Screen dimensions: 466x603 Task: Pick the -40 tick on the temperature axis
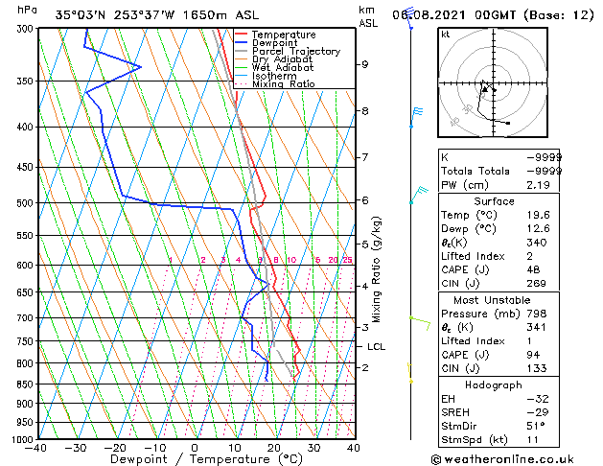coord(36,448)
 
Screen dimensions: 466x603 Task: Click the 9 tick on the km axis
coord(365,64)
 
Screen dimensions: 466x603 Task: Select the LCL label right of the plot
coord(376,347)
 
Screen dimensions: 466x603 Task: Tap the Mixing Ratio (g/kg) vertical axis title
coord(377,269)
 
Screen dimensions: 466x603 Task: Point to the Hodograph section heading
coord(494,384)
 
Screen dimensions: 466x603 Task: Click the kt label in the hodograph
coord(445,34)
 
